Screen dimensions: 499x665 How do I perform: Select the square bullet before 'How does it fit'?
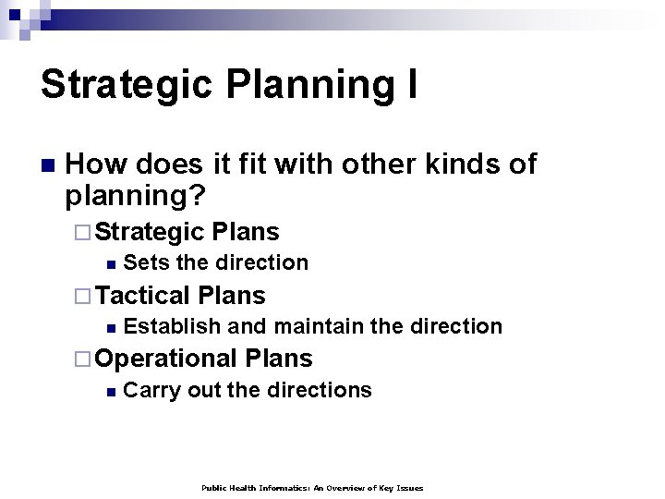(x=47, y=166)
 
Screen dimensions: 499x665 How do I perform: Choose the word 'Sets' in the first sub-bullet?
(x=146, y=263)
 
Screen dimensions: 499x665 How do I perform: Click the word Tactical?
(x=143, y=296)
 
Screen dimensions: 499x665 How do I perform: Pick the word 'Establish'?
(x=172, y=326)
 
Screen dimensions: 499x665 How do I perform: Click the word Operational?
(x=166, y=359)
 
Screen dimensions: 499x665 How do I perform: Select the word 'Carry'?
(x=151, y=390)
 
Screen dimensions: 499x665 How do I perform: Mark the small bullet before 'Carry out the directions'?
(x=110, y=392)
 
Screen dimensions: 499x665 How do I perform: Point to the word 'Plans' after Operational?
(x=279, y=359)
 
